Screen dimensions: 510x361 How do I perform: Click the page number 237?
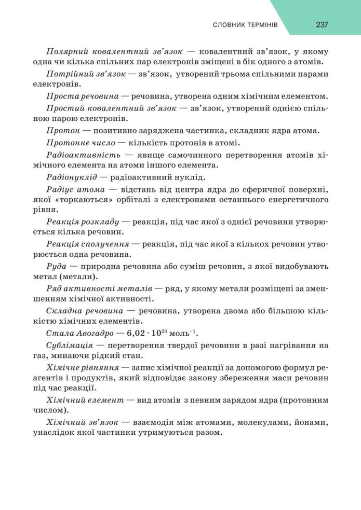point(322,24)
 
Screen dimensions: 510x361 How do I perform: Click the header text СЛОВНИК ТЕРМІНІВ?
point(246,25)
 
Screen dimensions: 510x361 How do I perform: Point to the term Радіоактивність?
point(83,155)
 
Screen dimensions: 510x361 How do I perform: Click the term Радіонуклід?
point(75,177)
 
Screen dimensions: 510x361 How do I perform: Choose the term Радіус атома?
point(76,189)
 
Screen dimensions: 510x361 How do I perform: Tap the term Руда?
point(56,266)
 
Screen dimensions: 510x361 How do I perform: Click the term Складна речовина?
point(85,310)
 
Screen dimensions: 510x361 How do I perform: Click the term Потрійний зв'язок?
point(86,74)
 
